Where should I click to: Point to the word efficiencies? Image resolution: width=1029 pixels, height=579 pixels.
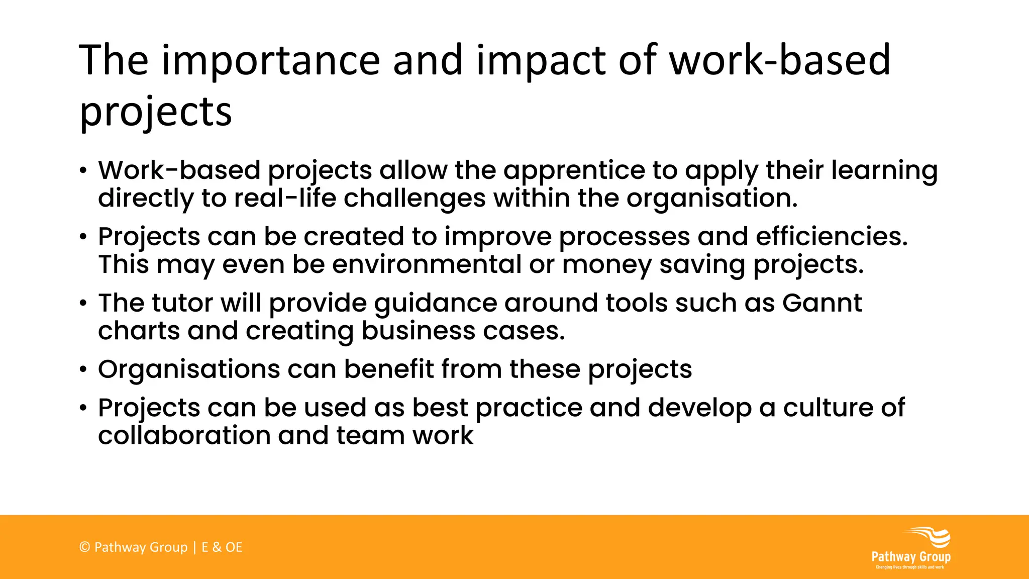coord(832,236)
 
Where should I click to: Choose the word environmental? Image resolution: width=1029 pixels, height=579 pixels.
coord(427,264)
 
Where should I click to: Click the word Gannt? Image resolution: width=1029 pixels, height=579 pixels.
coord(822,303)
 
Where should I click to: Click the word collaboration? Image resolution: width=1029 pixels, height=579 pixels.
coord(184,435)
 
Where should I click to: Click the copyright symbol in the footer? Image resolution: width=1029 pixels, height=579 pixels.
coord(84,547)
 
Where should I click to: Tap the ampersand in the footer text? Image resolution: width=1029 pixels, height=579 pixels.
coord(217,547)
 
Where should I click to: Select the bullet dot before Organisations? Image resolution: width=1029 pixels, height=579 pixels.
coord(83,370)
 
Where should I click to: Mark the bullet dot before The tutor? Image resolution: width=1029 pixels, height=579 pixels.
coord(83,304)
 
